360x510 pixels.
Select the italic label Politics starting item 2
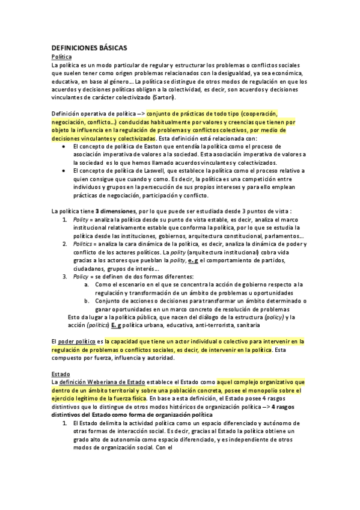coord(82,244)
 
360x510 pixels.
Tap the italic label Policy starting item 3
coord(81,277)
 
